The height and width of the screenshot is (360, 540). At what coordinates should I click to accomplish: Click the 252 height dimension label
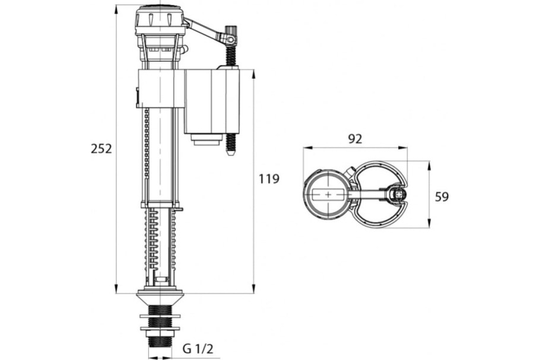[x=101, y=149]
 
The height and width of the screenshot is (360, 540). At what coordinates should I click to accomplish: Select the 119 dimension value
[x=269, y=179]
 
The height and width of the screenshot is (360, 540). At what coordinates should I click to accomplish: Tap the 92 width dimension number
[x=355, y=139]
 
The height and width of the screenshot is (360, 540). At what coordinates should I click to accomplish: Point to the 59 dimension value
[x=442, y=197]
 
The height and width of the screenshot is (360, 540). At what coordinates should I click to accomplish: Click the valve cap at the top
[x=158, y=18]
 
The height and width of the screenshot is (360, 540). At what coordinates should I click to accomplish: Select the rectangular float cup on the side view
[x=212, y=101]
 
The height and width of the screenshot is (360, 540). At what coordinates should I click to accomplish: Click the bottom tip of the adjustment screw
[x=231, y=154]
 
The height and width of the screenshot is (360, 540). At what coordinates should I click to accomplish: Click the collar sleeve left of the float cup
[x=159, y=88]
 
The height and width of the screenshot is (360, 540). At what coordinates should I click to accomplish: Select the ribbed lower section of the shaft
[x=159, y=243]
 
